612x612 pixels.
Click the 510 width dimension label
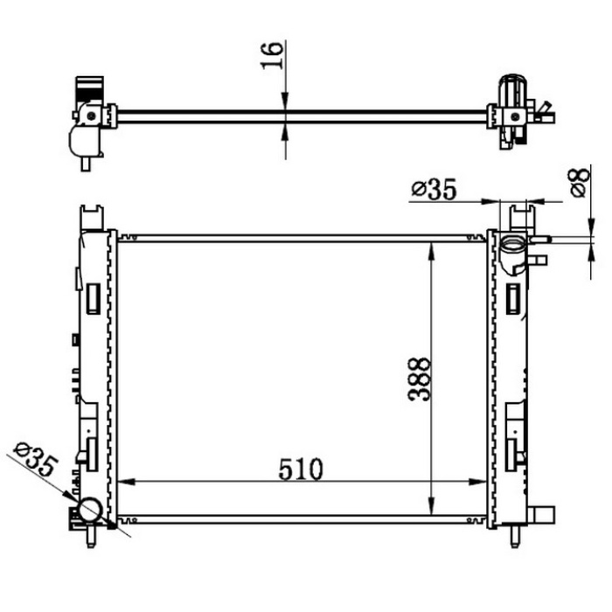301,469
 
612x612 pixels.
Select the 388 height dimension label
419,378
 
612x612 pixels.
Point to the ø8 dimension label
578,183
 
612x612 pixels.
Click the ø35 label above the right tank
434,189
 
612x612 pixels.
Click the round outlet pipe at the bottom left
91,510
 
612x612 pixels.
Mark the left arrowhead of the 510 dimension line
123,481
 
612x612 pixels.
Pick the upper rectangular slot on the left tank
90,298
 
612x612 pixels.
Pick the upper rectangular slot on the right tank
512,298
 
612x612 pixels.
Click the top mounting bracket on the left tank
91,215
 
